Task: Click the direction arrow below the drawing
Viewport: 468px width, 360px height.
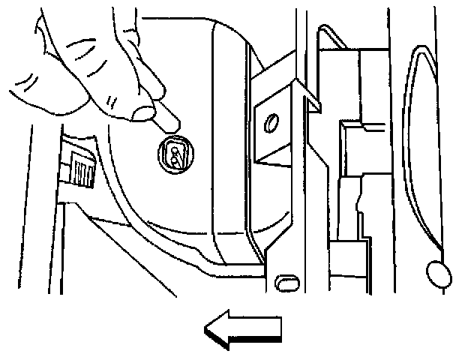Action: tap(242, 330)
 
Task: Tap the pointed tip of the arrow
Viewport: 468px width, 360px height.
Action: tap(207, 330)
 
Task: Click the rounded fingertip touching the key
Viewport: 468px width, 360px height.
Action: tap(142, 112)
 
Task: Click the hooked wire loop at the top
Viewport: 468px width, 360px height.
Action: tap(330, 34)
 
